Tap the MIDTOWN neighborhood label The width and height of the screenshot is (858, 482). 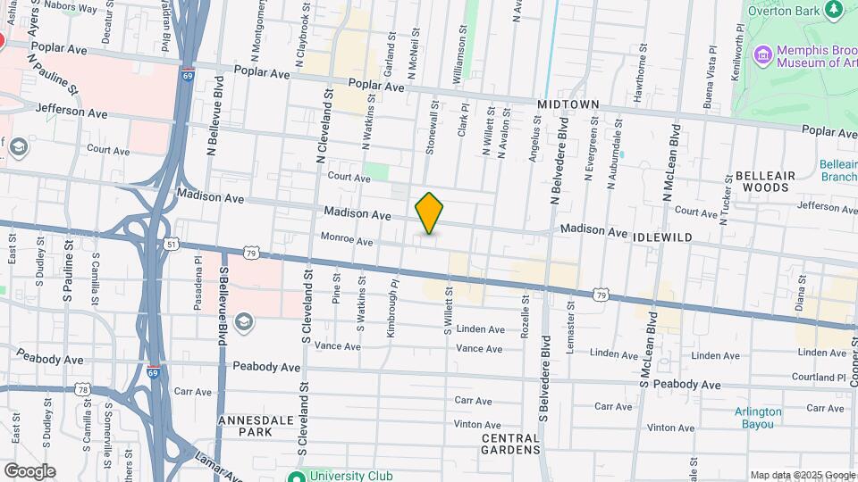click(568, 104)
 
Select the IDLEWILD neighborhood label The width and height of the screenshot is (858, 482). click(662, 237)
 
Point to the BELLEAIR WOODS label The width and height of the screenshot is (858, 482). click(761, 182)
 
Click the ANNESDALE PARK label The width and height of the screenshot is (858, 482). click(248, 424)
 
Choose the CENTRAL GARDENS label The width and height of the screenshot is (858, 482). click(510, 444)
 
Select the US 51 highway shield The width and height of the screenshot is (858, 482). click(170, 244)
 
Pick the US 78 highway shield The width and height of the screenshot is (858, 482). click(83, 389)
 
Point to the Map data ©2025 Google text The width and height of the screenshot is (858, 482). click(803, 475)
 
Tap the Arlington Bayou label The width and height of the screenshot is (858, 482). click(758, 418)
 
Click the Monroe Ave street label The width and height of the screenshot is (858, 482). click(346, 241)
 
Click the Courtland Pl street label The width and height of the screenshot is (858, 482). click(824, 378)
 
